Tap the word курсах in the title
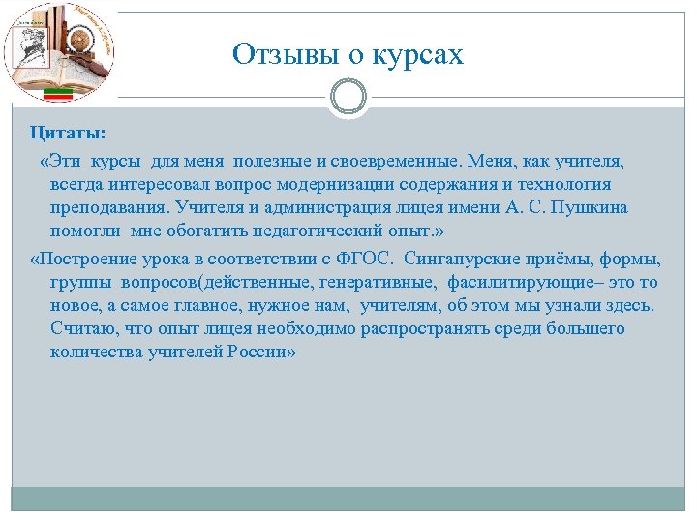(x=417, y=54)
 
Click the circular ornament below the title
(x=348, y=97)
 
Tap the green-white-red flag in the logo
(x=61, y=93)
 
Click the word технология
(x=570, y=183)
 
